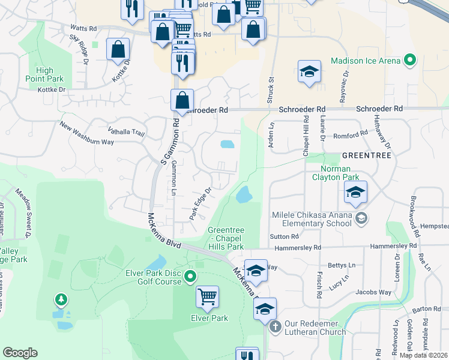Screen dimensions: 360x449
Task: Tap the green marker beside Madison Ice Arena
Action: [x=410, y=60]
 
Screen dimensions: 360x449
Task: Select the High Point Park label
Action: [x=44, y=74]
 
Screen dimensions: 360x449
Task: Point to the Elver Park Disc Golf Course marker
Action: [x=190, y=277]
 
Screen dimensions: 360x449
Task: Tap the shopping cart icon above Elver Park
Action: [x=207, y=296]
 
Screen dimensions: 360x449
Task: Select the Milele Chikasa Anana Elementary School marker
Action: [x=361, y=217]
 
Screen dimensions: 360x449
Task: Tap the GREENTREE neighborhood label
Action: [x=366, y=155]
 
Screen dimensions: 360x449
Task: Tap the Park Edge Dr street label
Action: [x=200, y=203]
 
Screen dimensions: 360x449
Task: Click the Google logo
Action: [x=20, y=353]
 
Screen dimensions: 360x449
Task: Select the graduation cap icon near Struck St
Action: [x=309, y=71]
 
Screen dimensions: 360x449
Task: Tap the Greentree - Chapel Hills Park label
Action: [x=226, y=238]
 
